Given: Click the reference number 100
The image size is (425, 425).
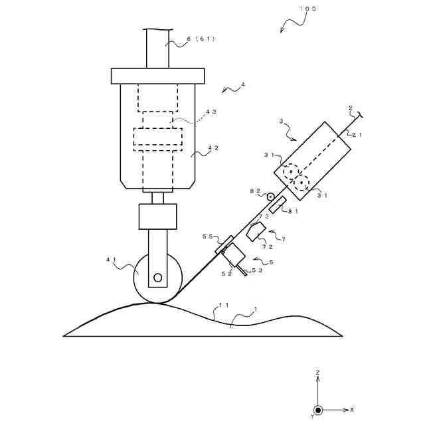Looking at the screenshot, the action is coord(307,9).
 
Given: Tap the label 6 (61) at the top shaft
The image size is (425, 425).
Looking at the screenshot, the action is coord(201,39).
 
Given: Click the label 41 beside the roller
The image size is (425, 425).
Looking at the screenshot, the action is coord(111,260).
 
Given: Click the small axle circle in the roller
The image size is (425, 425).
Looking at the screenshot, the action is coord(157,277).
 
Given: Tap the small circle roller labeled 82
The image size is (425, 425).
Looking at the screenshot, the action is coord(271,197).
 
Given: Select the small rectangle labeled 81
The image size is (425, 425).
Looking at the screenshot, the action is coord(278,205).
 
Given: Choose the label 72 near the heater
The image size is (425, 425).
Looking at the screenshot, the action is coord(267,246).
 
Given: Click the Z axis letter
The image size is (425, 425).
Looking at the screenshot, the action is coord(318,373).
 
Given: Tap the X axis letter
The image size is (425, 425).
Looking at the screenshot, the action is coord(352,410).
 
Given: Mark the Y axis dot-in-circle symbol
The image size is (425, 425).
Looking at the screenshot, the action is coord(318,410).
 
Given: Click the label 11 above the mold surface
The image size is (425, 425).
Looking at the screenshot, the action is coord(224,305).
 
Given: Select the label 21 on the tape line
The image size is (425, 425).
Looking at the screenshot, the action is coord(357,135).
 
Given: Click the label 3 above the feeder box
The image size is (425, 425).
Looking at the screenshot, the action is coord(281,122).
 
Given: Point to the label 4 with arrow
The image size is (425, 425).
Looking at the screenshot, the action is coord(243,84).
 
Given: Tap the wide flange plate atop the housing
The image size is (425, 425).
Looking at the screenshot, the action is coord(157,76).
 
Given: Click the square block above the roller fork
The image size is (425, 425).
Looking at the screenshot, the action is coord(157,216).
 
